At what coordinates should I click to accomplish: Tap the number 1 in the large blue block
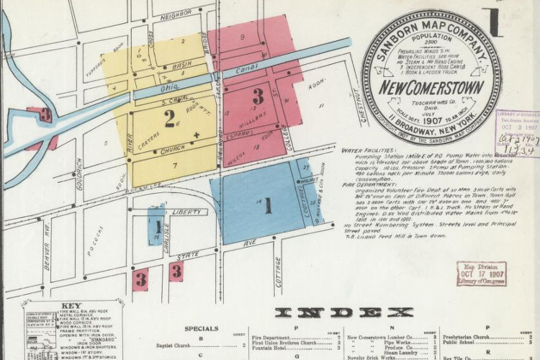point(267,206)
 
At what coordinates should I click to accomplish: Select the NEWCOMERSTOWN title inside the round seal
point(431,89)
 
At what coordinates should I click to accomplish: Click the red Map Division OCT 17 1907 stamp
point(481,274)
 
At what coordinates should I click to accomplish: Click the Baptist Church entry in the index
point(176,345)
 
